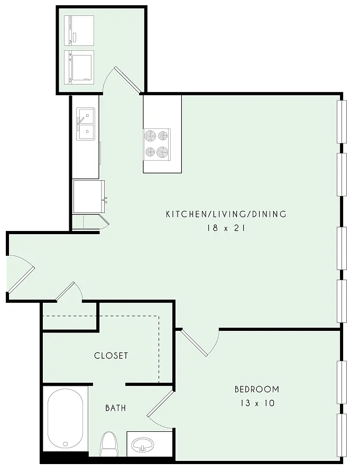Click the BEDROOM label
(x=257, y=389)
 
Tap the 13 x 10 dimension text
(x=257, y=403)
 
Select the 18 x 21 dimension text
(x=226, y=228)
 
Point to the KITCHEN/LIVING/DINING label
(x=226, y=214)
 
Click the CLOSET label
(x=111, y=356)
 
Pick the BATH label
(x=116, y=408)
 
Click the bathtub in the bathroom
(x=66, y=419)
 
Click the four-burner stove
(x=156, y=144)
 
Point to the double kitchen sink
(x=85, y=124)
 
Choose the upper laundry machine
(x=79, y=31)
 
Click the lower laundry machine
(x=79, y=66)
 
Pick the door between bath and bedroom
(x=160, y=409)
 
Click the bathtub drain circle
(x=66, y=443)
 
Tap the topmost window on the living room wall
(x=341, y=122)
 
